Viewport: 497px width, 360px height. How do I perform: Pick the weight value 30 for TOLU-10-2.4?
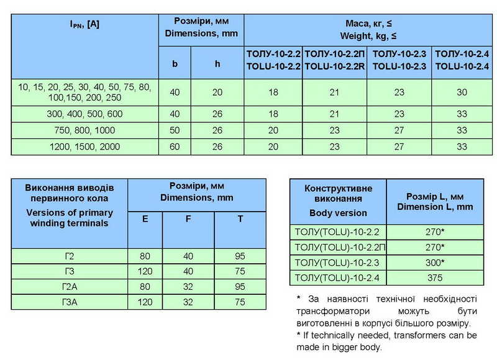[x=461, y=92]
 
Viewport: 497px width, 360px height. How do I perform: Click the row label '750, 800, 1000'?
[x=85, y=131]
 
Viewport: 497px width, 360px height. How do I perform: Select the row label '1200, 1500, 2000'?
[x=85, y=148]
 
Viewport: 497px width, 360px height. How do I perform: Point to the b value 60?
[x=175, y=148]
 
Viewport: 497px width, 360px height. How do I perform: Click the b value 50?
[x=175, y=131]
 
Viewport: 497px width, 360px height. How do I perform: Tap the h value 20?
[x=217, y=92]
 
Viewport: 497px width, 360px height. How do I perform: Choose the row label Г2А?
[x=70, y=287]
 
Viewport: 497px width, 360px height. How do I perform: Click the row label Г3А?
[x=70, y=302]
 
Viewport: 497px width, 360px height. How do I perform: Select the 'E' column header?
[x=145, y=218]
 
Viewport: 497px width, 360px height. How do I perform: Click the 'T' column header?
[x=240, y=218]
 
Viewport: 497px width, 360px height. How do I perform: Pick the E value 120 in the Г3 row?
[x=145, y=271]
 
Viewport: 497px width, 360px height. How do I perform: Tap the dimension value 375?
[x=435, y=277]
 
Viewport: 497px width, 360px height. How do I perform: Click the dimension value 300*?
[x=435, y=262]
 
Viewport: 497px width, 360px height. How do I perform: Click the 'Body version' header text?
[x=338, y=213]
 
